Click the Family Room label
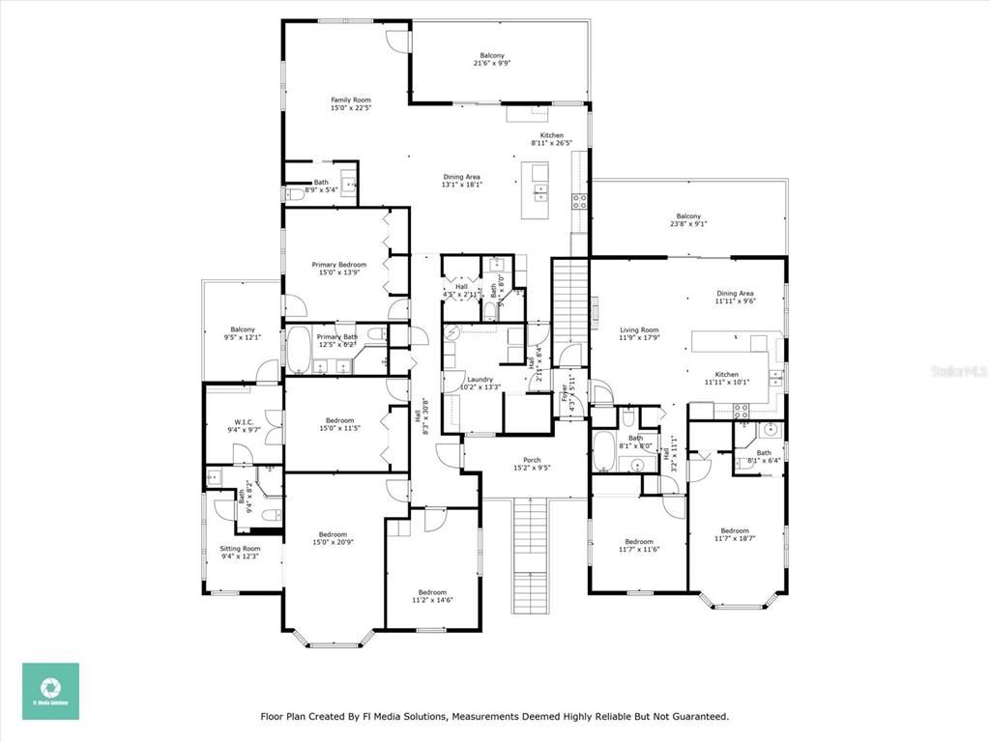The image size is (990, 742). tap(350, 104)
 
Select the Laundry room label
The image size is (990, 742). tap(480, 384)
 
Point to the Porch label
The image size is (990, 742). tap(532, 465)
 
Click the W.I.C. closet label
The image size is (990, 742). tap(243, 426)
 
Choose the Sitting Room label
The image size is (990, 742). tap(240, 553)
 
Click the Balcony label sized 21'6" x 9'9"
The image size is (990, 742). tap(491, 60)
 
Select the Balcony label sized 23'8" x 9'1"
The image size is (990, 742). tap(688, 220)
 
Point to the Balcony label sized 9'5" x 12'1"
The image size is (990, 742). tap(242, 333)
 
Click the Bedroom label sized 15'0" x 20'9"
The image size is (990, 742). tap(333, 539)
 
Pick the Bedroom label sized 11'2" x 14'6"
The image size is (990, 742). tap(432, 596)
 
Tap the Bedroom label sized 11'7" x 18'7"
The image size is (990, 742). tap(735, 534)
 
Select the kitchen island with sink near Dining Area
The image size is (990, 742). tap(536, 190)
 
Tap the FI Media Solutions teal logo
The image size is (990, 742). tap(51, 691)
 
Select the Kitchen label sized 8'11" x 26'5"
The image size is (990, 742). tap(551, 139)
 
